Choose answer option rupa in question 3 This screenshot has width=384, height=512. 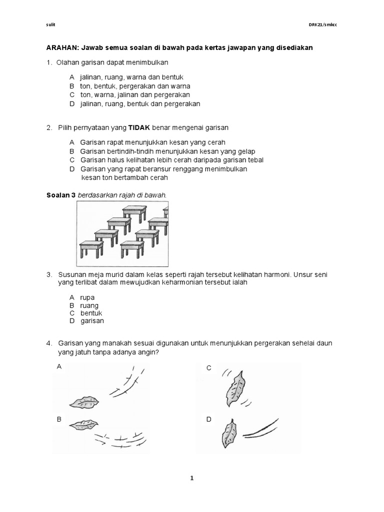87,297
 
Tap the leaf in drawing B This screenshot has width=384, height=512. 83,425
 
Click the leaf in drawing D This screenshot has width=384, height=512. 229,433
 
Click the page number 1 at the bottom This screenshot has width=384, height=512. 191,478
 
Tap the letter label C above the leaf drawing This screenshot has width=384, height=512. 209,368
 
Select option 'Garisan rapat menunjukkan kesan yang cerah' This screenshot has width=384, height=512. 152,142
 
